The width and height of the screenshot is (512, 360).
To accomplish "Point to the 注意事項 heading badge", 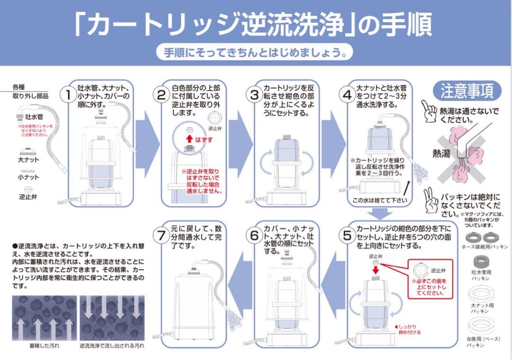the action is point(467,91).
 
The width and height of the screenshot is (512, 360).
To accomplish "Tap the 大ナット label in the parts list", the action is point(29,161).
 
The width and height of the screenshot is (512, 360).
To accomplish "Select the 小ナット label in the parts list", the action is point(29,177).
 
